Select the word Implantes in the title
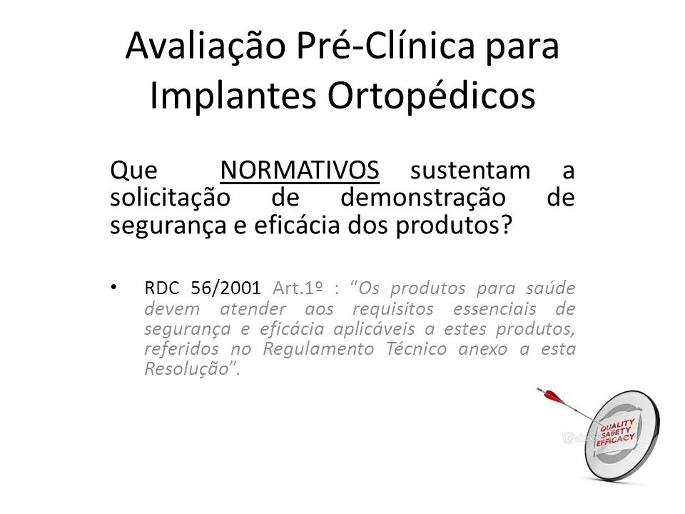[233, 96]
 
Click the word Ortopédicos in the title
[432, 96]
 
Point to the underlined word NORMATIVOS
[300, 171]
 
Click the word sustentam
[470, 171]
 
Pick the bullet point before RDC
[114, 288]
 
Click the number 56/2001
[226, 288]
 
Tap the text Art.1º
[298, 288]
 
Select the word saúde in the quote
[550, 288]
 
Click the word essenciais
[494, 308]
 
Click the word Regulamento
[318, 349]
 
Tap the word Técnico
[416, 349]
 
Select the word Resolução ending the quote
[186, 369]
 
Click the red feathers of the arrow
[552, 396]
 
